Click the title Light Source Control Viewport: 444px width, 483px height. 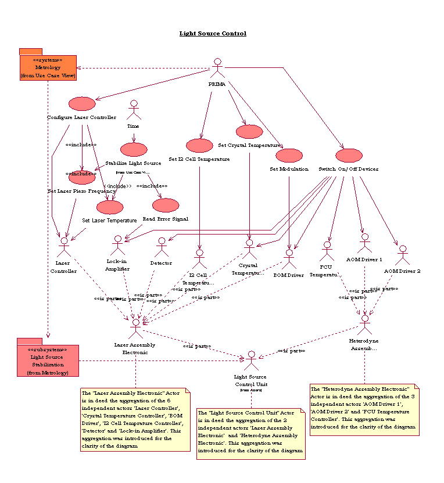pos(213,34)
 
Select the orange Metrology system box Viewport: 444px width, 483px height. pos(48,67)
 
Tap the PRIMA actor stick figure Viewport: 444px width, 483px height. pos(217,68)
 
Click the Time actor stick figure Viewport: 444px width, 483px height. pos(134,110)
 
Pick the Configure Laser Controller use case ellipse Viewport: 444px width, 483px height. pos(81,104)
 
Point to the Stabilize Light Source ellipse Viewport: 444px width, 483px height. pos(134,150)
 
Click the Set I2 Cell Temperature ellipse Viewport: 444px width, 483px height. pos(199,146)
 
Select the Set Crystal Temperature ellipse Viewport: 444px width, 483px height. pos(249,132)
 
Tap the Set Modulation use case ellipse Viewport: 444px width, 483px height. pos(289,156)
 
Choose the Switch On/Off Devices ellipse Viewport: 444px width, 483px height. pos(349,156)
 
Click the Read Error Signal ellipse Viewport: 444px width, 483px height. pos(166,205)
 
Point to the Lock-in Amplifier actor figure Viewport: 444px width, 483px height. pos(118,245)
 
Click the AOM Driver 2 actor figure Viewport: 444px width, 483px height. pos(402,255)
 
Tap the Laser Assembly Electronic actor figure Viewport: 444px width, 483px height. pos(136,328)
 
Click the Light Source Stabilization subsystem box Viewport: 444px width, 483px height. pos(48,361)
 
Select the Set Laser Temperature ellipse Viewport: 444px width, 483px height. pos(110,207)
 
